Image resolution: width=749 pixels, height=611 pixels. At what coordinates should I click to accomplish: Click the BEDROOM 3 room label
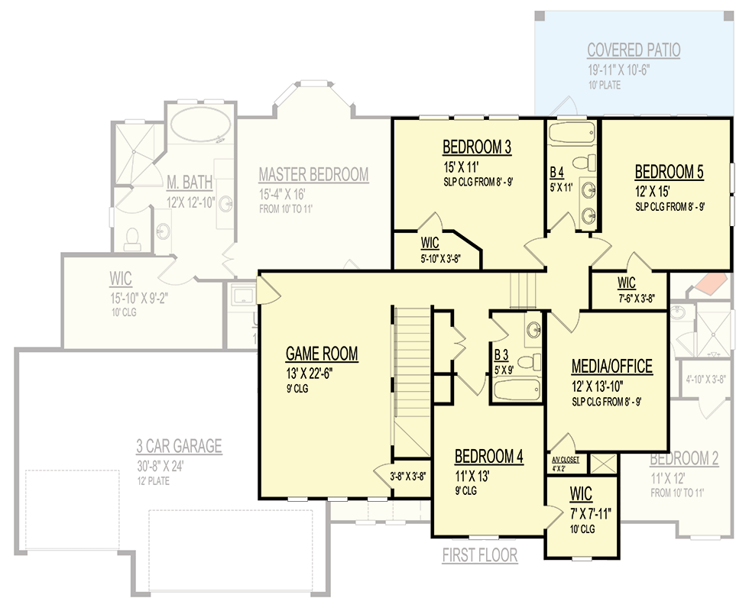[x=476, y=147]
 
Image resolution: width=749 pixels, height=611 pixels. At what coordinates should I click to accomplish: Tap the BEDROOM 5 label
[x=669, y=172]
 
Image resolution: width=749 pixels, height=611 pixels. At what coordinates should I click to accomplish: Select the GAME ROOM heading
[x=321, y=354]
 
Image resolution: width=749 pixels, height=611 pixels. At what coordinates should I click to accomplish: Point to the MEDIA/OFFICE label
[x=612, y=367]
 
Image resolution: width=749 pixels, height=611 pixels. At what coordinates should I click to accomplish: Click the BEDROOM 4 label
[x=488, y=457]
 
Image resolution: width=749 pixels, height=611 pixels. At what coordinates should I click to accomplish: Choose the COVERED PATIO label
[x=634, y=51]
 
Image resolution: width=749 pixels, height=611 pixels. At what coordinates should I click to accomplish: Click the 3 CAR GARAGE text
[x=179, y=446]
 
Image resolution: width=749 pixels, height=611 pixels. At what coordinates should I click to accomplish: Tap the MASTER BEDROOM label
[x=313, y=175]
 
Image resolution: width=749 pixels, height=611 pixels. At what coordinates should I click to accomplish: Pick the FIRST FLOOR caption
[x=479, y=556]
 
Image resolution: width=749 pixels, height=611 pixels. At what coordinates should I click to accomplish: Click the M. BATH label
[x=190, y=182]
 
